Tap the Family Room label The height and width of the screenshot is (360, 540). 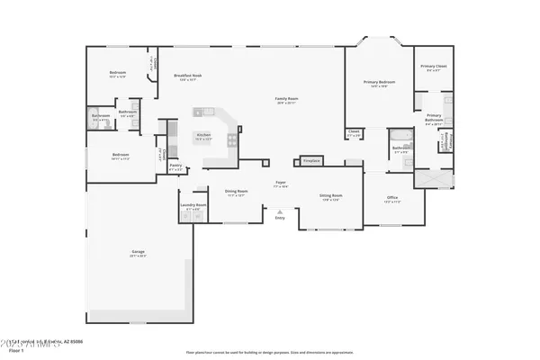pos(286,98)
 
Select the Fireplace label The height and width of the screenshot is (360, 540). pos(310,159)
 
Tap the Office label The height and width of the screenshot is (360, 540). pos(392,197)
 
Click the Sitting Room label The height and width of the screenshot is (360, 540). pos(331,194)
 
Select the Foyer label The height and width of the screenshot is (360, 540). pos(281,184)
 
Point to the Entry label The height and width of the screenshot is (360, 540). pos(280,218)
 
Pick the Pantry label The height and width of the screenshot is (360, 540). pos(176,165)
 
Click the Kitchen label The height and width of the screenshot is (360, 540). pos(203,135)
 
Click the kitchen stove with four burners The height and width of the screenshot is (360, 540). pos(233,140)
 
